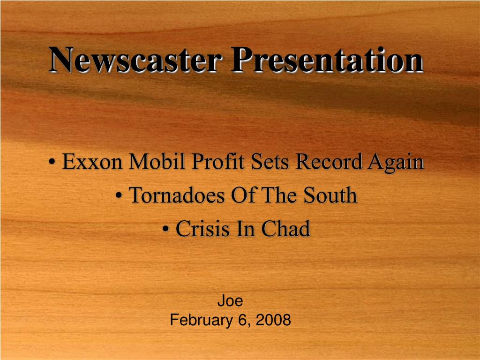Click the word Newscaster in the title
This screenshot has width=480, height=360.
135,60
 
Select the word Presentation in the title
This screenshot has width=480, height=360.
327,60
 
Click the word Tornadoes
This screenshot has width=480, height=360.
177,195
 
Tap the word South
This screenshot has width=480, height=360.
330,195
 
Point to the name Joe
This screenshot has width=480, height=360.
230,301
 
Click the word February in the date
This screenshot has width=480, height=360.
197,321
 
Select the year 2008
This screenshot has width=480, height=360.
274,321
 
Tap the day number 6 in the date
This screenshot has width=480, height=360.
243,321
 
